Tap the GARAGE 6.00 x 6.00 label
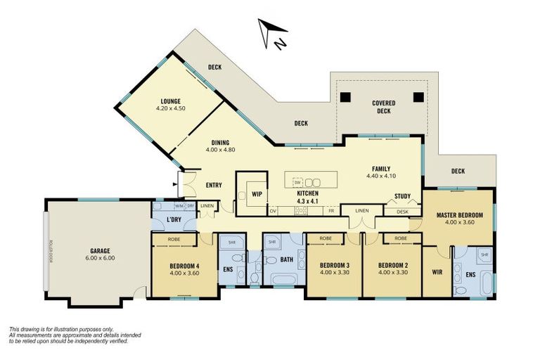pyautogui.click(x=99, y=254)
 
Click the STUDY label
pyautogui.click(x=402, y=196)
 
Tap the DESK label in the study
pyautogui.click(x=402, y=211)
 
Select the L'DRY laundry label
pyautogui.click(x=174, y=220)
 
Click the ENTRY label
pyautogui.click(x=214, y=186)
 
